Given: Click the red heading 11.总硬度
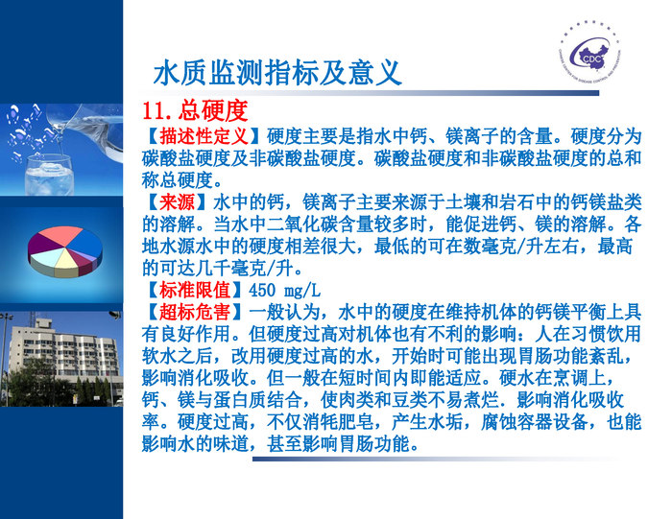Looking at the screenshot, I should [x=194, y=109].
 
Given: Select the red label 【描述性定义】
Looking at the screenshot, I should [x=204, y=136].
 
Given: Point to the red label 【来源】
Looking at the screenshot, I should [x=177, y=202].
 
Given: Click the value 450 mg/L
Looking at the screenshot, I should [x=284, y=290].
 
